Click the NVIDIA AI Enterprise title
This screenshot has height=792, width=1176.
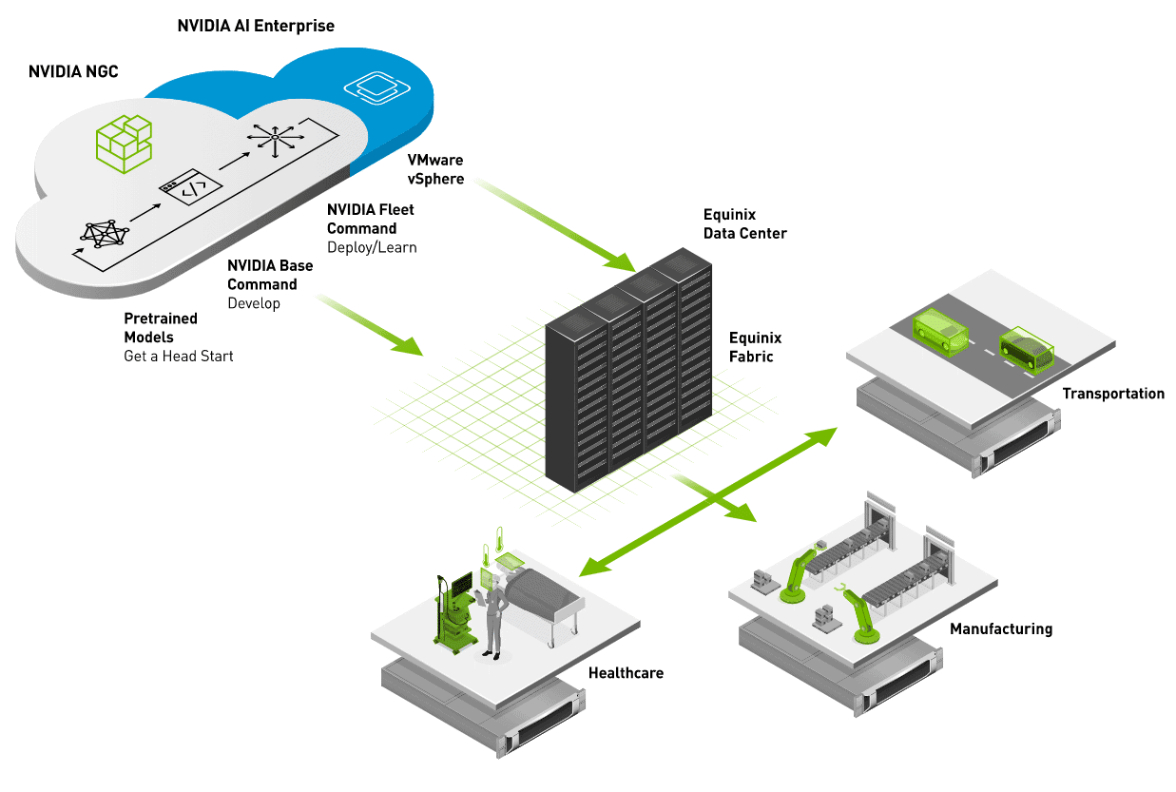pyautogui.click(x=256, y=26)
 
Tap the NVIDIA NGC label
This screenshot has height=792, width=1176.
pyautogui.click(x=73, y=71)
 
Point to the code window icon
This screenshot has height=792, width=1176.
pyautogui.click(x=189, y=188)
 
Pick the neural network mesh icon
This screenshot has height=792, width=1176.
pyautogui.click(x=104, y=233)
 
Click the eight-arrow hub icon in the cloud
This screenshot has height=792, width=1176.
pyautogui.click(x=274, y=139)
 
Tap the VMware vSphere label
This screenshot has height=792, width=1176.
pyautogui.click(x=435, y=169)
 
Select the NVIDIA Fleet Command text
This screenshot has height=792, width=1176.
pyautogui.click(x=370, y=219)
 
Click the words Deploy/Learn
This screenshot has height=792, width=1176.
pyautogui.click(x=372, y=247)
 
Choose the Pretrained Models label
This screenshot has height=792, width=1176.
pyautogui.click(x=161, y=328)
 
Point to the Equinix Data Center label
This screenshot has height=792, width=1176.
pyautogui.click(x=744, y=223)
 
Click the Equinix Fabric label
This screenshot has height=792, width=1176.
pyautogui.click(x=751, y=347)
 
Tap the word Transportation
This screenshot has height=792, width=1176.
pyautogui.click(x=1112, y=394)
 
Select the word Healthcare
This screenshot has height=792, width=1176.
pyautogui.click(x=626, y=673)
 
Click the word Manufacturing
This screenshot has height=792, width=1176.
pyautogui.click(x=1001, y=628)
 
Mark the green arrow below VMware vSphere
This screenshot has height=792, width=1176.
pyautogui.click(x=556, y=221)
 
